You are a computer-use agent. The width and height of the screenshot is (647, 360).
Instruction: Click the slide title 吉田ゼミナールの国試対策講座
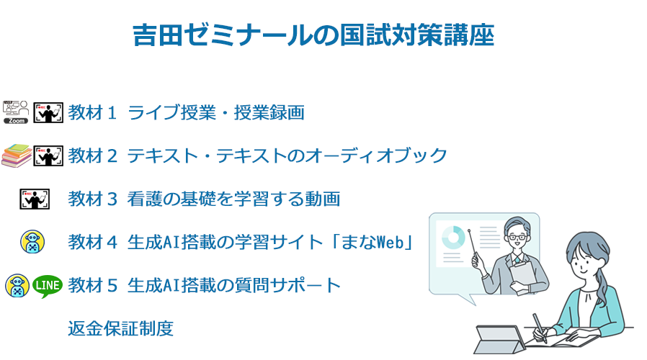[x=313, y=35]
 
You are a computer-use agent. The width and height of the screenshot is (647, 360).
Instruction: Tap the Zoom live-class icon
[x=16, y=112]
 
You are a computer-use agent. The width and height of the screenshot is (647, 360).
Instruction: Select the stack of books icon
[x=17, y=156]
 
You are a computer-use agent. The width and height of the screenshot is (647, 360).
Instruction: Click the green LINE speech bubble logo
[x=48, y=286]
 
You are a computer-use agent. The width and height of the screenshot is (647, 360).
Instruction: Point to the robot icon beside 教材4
[x=32, y=242]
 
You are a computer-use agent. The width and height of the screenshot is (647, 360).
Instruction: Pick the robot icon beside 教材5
[x=17, y=286]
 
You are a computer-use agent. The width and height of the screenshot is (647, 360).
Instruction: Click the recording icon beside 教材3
[x=35, y=199]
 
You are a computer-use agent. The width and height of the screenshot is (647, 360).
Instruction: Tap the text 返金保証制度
[x=120, y=328]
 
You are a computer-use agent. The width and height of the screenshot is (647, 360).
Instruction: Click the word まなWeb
[x=373, y=242]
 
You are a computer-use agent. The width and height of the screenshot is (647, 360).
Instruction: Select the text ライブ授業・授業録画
[x=216, y=112]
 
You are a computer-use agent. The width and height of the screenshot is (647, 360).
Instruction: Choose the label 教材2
[x=92, y=156]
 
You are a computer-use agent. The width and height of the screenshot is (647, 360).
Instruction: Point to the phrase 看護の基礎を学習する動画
[x=233, y=199]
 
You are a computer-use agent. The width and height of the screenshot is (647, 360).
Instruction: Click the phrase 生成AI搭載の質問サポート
[x=233, y=285]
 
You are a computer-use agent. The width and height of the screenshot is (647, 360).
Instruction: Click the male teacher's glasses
[x=517, y=237]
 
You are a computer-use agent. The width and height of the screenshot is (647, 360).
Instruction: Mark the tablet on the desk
[x=500, y=339]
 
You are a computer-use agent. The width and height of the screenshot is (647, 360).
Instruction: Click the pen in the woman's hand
[x=540, y=328]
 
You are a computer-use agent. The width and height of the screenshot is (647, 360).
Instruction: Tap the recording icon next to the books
[x=48, y=156]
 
